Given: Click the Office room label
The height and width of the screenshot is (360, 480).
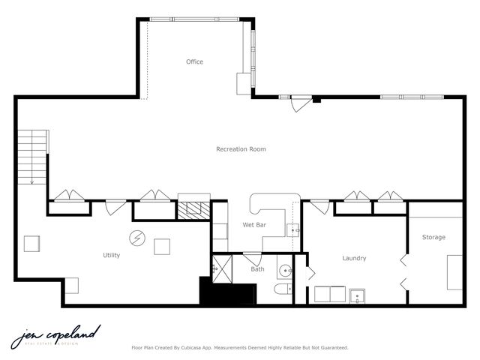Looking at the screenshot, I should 194,61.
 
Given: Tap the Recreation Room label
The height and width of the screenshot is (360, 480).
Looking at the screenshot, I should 241,149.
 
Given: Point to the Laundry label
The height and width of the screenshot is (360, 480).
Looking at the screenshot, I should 354,258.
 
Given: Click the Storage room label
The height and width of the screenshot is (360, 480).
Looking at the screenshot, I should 433,237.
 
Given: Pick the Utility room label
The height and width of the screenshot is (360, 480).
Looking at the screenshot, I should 111,255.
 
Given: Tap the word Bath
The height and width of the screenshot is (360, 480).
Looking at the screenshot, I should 257,268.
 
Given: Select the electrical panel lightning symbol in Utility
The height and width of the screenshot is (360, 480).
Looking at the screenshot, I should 137,238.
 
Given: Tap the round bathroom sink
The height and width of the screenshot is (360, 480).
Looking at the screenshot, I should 284,270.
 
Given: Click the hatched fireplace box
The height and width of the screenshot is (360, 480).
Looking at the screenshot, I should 193,209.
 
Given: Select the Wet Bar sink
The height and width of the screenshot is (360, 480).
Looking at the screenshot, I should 292,230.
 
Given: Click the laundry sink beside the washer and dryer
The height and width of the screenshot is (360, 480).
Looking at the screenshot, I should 358,295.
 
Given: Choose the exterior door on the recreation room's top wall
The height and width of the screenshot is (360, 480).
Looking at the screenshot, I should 301,102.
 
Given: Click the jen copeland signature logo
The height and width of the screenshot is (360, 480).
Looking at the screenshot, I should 55,337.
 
